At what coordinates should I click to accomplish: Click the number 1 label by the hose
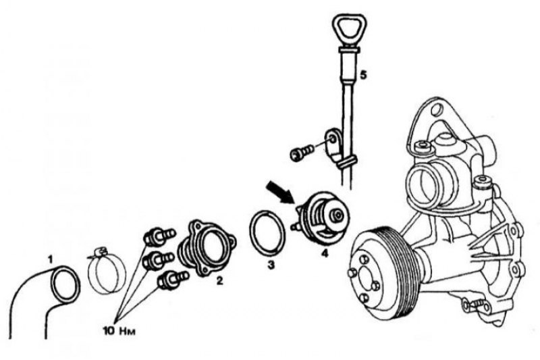pos(50,259)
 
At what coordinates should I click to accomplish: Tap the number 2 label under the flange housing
pos(219,281)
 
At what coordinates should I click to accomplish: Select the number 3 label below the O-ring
pos(271,265)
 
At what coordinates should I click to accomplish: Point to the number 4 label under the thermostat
pos(324,253)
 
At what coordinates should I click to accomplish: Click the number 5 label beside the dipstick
pos(363,74)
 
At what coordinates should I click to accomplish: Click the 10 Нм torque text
pos(119,331)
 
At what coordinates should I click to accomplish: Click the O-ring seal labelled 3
pos(267,233)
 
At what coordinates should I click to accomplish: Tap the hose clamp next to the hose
pos(107,270)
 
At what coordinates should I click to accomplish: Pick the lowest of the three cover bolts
pos(172,279)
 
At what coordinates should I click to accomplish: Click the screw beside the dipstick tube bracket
pos(302,152)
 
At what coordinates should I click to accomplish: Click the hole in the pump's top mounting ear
pos(437,111)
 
